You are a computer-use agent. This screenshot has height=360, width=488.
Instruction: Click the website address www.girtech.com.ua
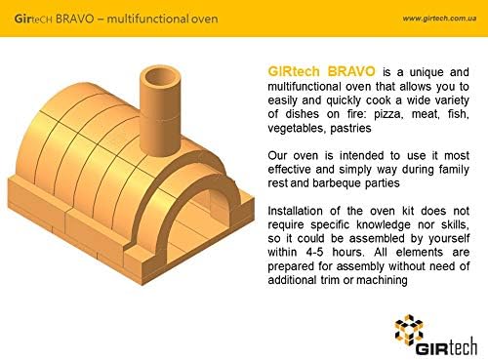click(439, 19)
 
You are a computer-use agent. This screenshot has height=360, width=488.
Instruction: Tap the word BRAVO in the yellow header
click(75, 19)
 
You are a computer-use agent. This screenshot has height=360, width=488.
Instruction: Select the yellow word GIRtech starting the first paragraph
click(294, 71)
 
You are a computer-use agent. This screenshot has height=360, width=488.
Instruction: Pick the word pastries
click(350, 128)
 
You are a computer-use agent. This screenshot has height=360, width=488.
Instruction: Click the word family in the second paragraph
click(454, 170)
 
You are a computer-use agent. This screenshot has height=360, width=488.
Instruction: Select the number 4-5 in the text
click(314, 252)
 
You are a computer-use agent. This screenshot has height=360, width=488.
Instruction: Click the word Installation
click(295, 211)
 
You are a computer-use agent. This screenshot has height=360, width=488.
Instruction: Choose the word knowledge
click(384, 224)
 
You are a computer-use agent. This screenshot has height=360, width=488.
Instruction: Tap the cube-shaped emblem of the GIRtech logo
click(409, 329)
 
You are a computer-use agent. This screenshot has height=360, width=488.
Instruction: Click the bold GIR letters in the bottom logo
click(428, 349)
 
